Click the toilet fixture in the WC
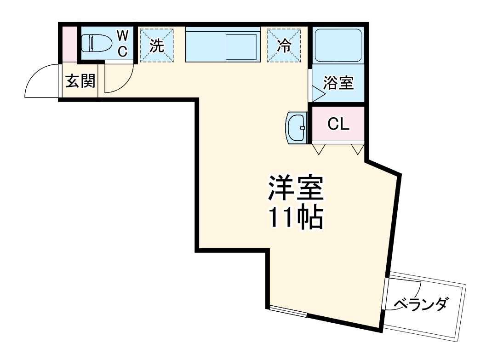(x=97, y=44)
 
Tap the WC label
(x=122, y=43)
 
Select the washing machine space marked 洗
(x=157, y=45)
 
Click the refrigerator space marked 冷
(x=284, y=45)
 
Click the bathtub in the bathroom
(x=338, y=45)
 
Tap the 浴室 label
(x=338, y=84)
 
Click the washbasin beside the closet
(x=297, y=127)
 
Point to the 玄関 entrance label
(x=80, y=81)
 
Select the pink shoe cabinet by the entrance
(x=69, y=44)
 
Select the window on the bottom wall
(x=288, y=311)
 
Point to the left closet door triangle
(x=319, y=149)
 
